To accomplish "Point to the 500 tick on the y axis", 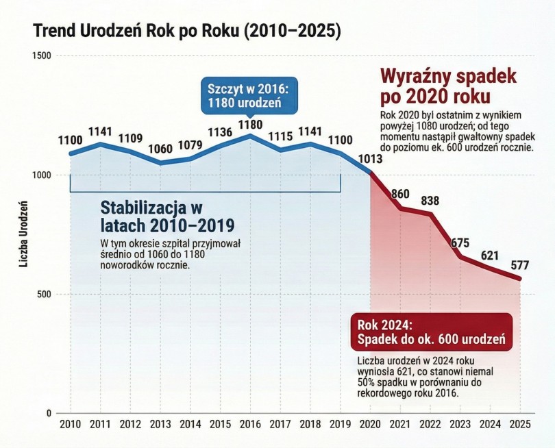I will click(x=47, y=295).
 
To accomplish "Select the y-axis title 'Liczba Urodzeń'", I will click(x=23, y=234).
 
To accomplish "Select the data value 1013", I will click(x=370, y=160).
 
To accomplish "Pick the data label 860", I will click(x=400, y=193).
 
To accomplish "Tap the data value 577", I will click(x=521, y=266).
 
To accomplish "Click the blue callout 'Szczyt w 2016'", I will click(x=251, y=97).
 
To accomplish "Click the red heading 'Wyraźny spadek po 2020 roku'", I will click(x=448, y=85).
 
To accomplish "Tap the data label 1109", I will click(x=130, y=138).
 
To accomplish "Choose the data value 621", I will click(x=491, y=256).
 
